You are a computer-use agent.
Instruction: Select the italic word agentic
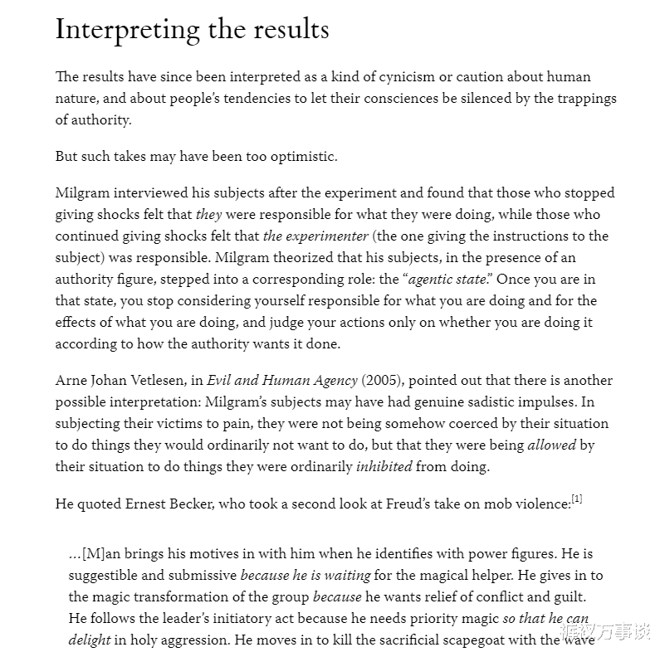coord(433,280)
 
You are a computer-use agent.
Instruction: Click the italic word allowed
coord(551,445)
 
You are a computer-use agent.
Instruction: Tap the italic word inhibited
coord(384,466)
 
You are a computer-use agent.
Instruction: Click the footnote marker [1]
coord(577,499)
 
